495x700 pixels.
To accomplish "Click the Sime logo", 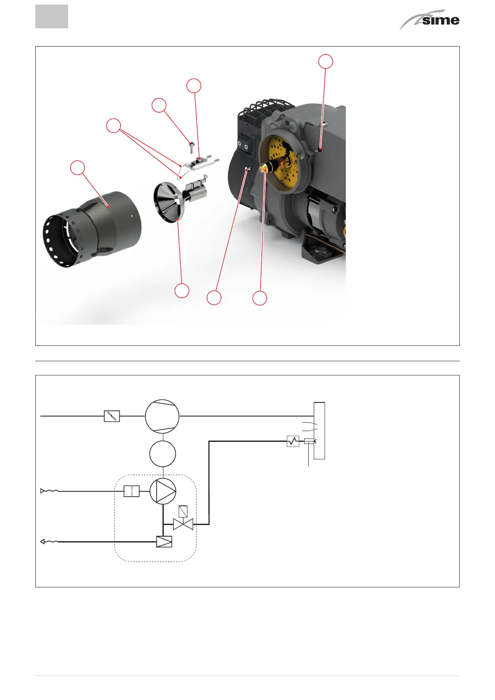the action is (429, 20).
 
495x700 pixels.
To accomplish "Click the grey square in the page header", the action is (52, 17).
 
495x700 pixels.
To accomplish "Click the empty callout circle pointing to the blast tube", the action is (77, 168).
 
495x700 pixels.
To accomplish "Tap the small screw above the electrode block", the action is (192, 147).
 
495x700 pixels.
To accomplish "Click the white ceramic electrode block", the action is (202, 163).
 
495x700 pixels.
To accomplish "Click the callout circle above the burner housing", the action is (325, 62).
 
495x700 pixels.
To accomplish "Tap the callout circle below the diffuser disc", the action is (182, 291).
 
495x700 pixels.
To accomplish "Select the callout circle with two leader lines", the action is (113, 126).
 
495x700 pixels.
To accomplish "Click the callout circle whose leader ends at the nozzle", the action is (260, 298).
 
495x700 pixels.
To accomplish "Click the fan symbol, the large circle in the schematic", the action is (162, 416).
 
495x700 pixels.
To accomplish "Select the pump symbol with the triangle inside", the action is (163, 491).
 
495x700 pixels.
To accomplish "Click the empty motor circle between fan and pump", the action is (163, 454).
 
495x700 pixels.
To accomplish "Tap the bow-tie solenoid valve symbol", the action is (183, 524).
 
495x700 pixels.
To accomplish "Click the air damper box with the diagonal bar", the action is (112, 416).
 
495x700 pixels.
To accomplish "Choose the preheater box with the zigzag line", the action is (293, 441).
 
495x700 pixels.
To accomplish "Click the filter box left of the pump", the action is (132, 491).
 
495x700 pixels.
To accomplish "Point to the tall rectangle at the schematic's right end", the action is (319, 431).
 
